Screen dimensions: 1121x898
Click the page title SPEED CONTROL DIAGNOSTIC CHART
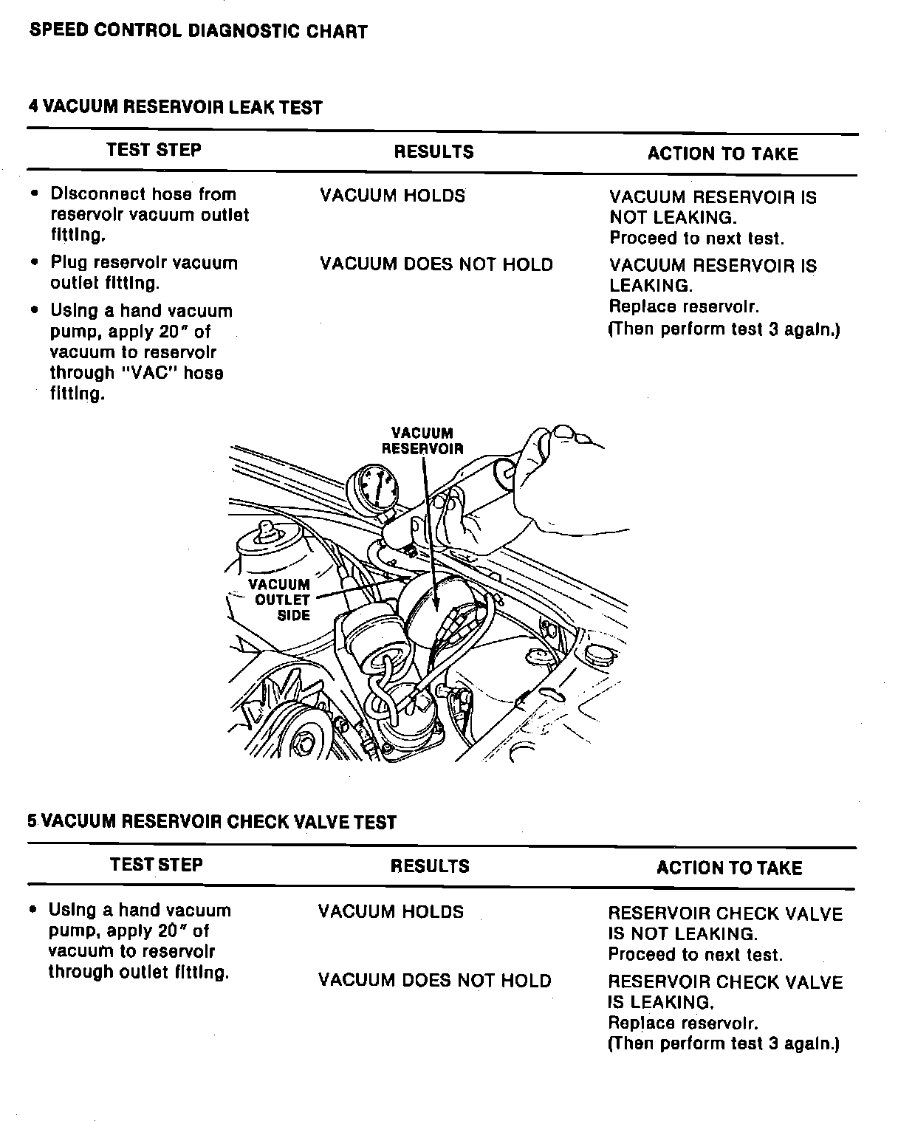click(x=197, y=32)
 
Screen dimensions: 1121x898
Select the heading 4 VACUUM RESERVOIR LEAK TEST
click(x=175, y=108)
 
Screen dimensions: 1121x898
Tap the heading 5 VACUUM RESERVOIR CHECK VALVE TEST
click(x=212, y=822)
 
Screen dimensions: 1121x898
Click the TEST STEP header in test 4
click(x=154, y=151)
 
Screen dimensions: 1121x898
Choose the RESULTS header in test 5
click(x=430, y=866)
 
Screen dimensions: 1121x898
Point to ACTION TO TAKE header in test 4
click(x=722, y=154)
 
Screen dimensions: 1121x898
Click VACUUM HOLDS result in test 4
click(x=392, y=196)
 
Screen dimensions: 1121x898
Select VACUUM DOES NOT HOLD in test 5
click(x=434, y=981)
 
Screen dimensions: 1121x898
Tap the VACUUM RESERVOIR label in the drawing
click(x=422, y=441)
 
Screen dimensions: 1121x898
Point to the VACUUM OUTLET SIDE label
click(x=280, y=600)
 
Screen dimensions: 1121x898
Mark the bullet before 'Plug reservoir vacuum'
click(x=35, y=263)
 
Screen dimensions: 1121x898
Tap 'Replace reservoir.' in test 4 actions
click(x=684, y=307)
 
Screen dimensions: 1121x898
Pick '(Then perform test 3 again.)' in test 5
click(x=724, y=1044)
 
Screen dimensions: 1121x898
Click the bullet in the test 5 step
click(x=33, y=910)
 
